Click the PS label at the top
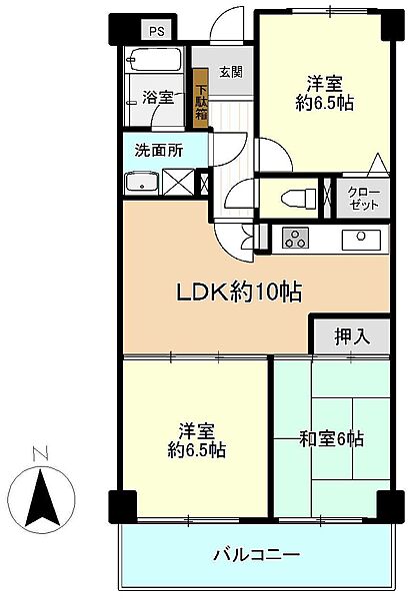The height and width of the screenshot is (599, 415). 156,32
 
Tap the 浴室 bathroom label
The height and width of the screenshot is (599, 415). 157,98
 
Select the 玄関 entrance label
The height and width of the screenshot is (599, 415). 231,72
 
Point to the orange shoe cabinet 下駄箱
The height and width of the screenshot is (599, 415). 201,94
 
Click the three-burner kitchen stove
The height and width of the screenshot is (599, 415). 298,238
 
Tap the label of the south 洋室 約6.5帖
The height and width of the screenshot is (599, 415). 196,440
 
